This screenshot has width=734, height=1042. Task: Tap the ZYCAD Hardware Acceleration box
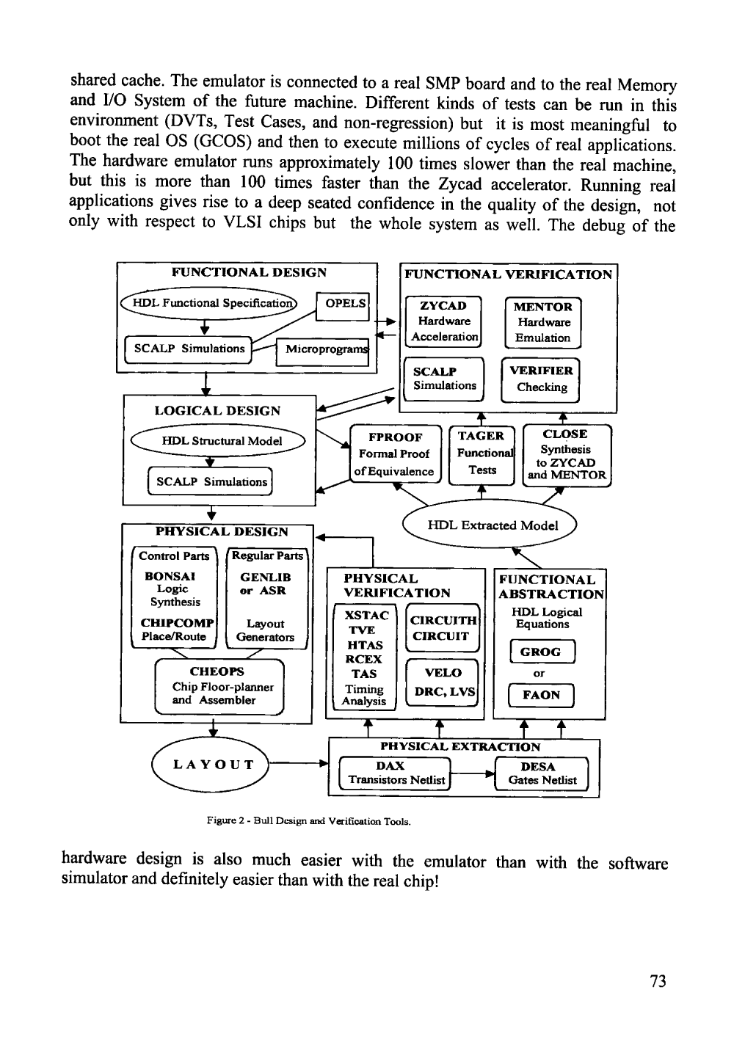[444, 321]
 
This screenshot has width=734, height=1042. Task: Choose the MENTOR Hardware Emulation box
[542, 322]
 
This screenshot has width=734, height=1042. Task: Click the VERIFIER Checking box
[540, 379]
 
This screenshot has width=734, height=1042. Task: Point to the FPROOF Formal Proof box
[394, 454]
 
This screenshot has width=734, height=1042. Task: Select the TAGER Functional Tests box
[482, 453]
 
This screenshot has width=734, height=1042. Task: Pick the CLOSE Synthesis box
[566, 455]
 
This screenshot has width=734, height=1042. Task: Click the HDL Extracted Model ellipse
[492, 525]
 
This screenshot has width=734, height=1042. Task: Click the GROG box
[540, 652]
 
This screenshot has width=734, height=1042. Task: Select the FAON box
[540, 694]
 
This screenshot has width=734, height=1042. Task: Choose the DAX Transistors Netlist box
[396, 773]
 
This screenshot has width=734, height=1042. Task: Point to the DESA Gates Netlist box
[542, 773]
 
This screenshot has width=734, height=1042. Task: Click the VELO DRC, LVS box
[443, 682]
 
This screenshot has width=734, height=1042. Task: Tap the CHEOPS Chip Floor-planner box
[218, 686]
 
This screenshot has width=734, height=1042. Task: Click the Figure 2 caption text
[308, 821]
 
